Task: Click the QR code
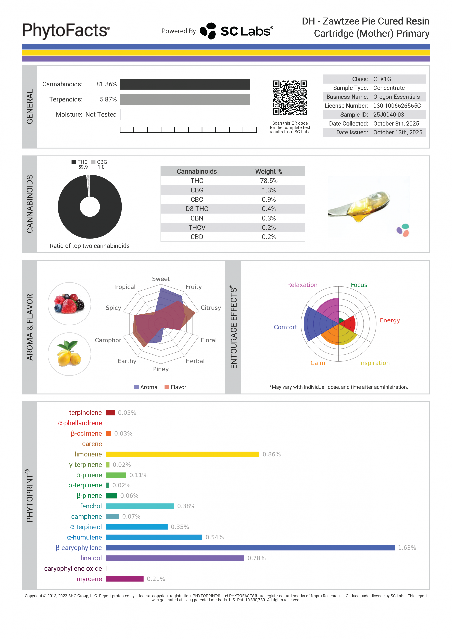tap(290, 97)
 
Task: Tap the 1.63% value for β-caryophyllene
tap(407, 548)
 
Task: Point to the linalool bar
tap(175, 558)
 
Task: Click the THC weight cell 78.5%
tap(268, 181)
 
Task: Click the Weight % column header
tap(268, 171)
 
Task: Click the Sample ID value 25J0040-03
tap(388, 115)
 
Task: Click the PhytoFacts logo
tap(66, 31)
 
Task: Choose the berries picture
tap(69, 304)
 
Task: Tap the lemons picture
tap(69, 354)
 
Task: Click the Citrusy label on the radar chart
tap(211, 308)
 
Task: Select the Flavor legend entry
tap(175, 387)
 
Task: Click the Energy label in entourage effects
tap(389, 320)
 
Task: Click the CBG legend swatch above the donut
tap(93, 162)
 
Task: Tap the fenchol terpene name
tap(91, 506)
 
